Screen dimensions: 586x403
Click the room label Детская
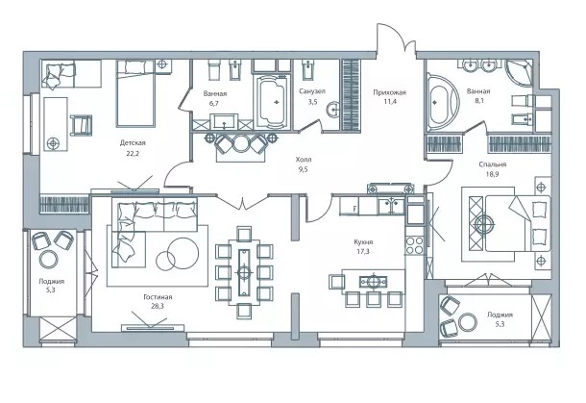tap(133, 143)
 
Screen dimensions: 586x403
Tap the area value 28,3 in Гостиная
tap(158, 306)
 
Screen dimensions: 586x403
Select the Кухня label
tap(363, 242)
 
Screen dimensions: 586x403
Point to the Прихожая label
tap(389, 92)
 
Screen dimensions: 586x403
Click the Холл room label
tap(304, 160)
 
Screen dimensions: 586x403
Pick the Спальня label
tap(493, 164)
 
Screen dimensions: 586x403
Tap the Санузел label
tap(312, 91)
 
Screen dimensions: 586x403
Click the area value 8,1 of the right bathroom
tap(478, 100)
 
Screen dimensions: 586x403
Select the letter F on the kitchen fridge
tap(354, 209)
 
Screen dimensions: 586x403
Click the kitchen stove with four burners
tap(414, 245)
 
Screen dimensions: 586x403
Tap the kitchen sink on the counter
tap(391, 206)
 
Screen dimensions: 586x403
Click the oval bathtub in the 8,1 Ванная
tap(443, 102)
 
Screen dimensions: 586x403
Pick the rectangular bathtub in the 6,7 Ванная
tap(273, 102)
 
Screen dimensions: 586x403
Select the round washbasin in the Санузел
tap(333, 110)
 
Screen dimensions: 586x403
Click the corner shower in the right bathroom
tap(520, 74)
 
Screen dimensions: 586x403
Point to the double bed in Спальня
tap(518, 223)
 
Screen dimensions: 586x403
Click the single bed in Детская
tap(135, 93)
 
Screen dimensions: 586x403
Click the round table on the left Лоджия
tap(49, 259)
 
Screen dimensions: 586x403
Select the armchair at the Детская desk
tap(81, 125)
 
